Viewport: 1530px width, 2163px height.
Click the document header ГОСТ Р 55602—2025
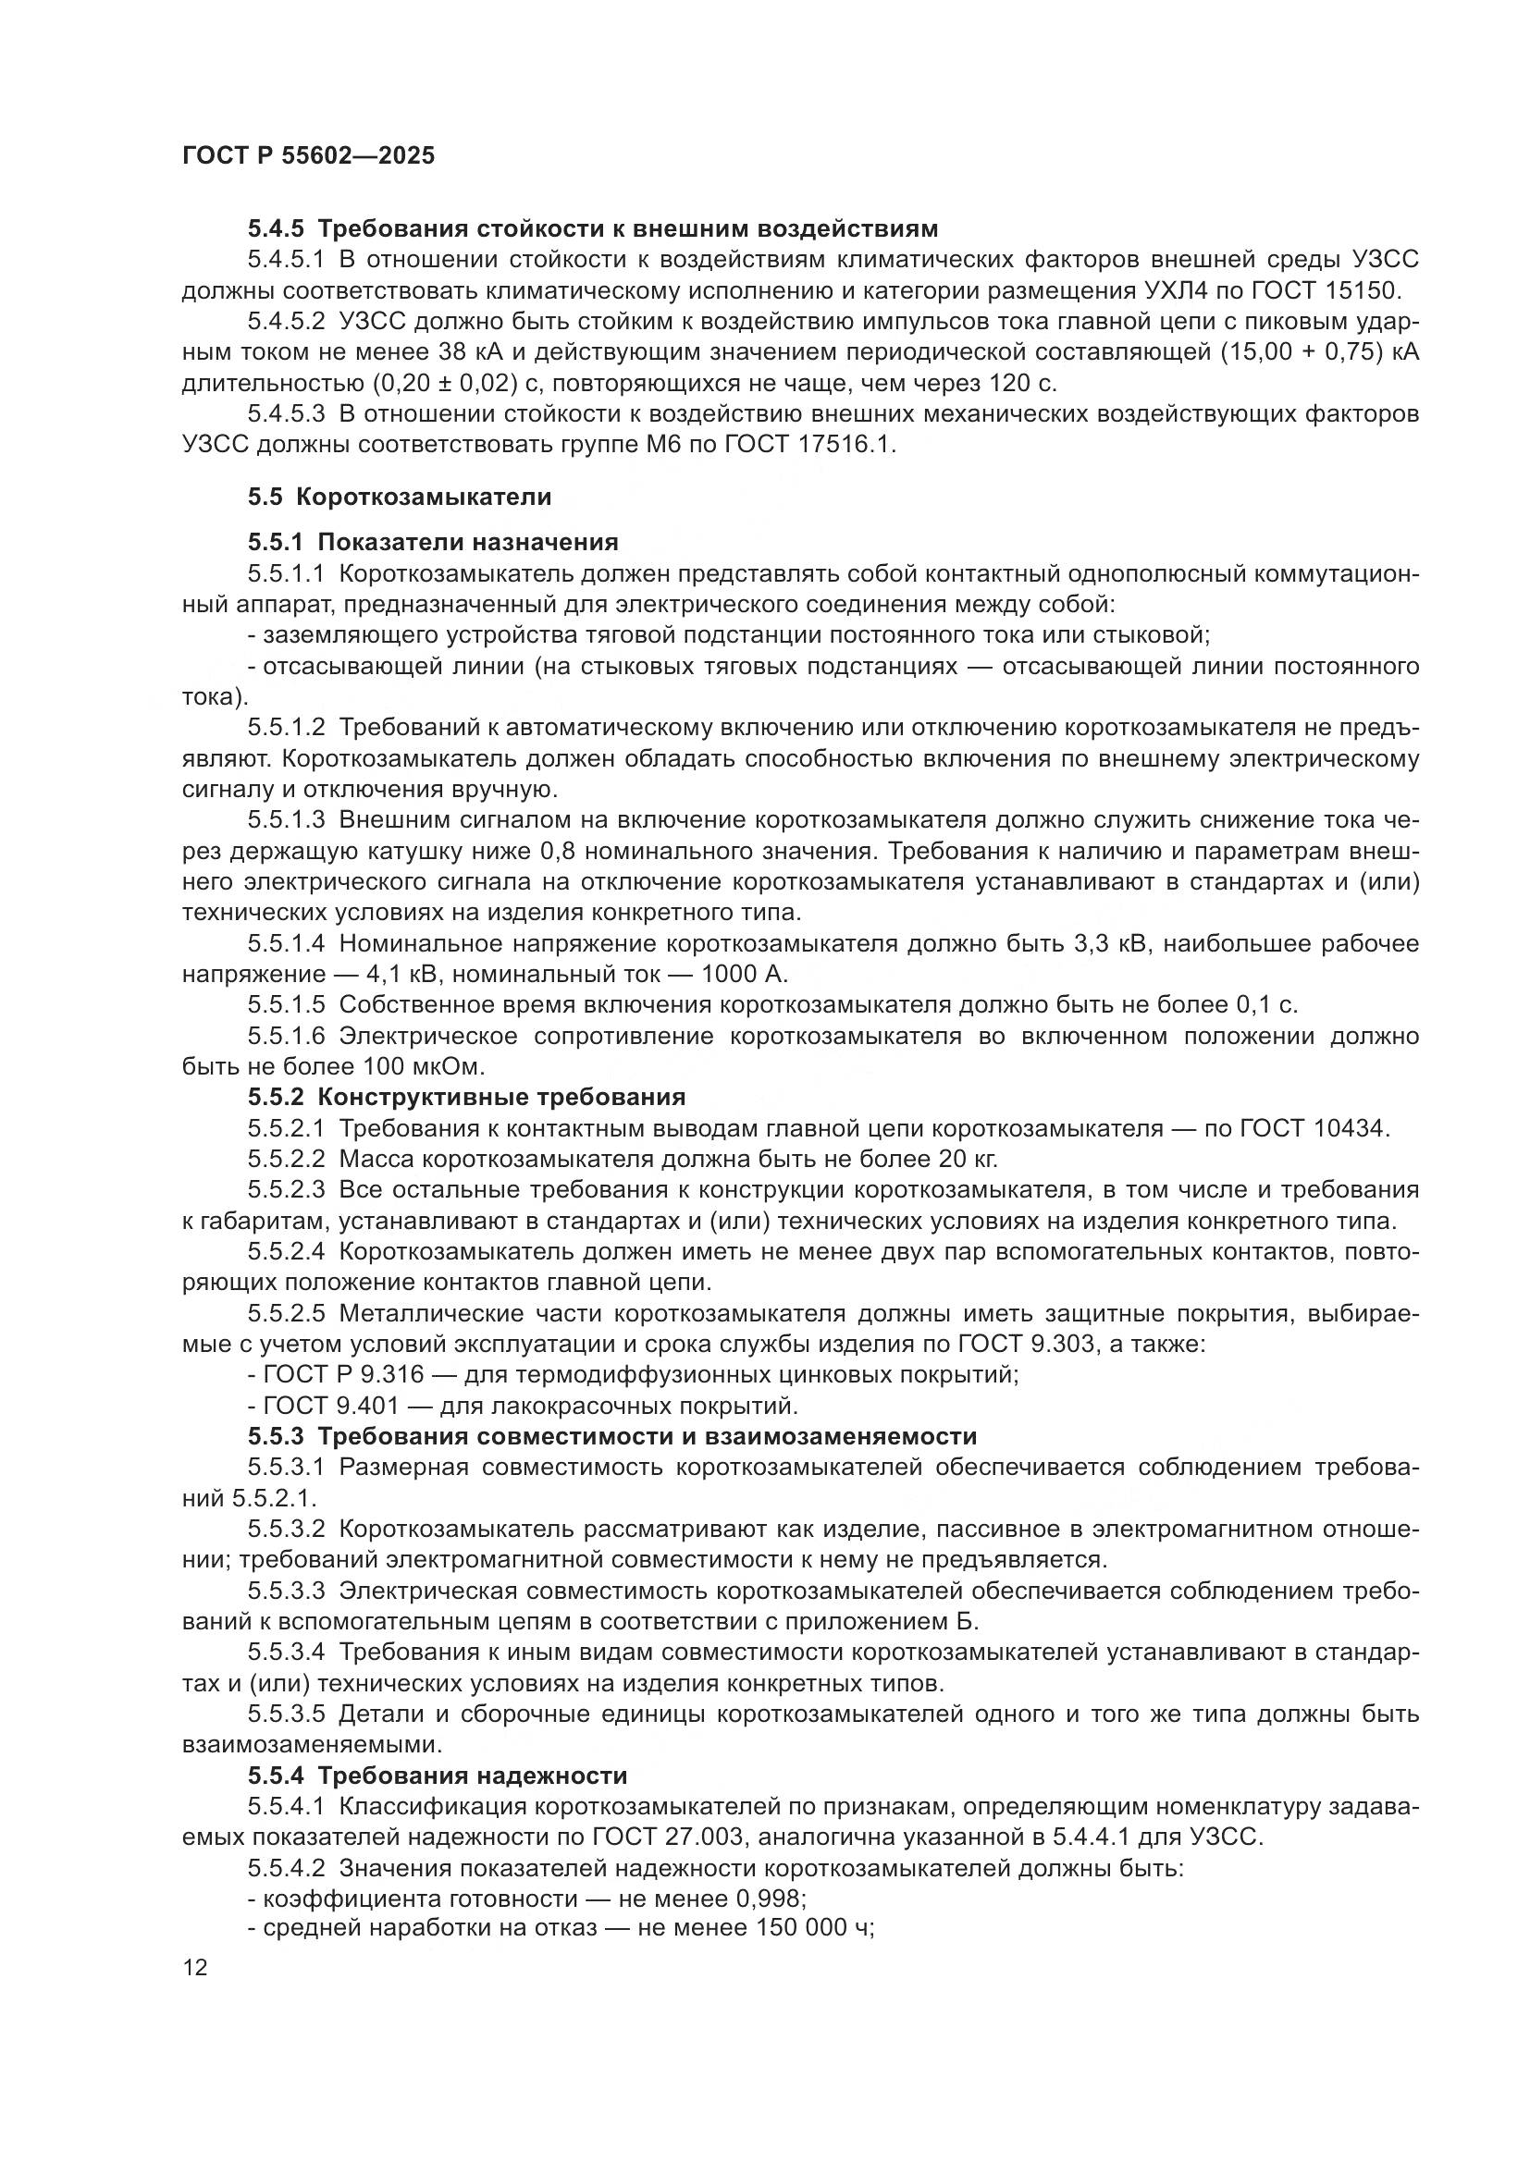tap(308, 156)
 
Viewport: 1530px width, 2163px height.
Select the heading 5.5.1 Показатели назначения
tap(433, 543)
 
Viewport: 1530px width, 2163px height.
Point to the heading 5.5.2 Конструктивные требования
tap(466, 1097)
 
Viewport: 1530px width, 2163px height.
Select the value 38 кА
tap(470, 352)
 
